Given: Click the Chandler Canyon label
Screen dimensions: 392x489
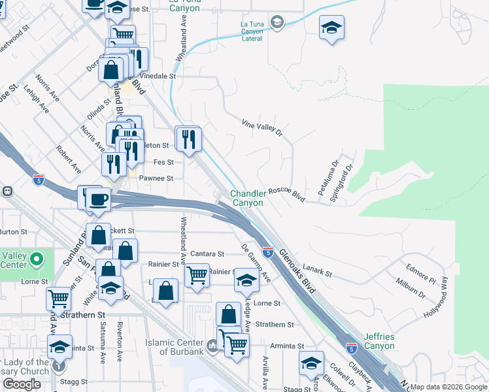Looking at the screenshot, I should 248,198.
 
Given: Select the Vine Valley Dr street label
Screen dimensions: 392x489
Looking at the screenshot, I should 261,127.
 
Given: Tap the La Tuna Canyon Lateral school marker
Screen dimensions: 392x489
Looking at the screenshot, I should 277,22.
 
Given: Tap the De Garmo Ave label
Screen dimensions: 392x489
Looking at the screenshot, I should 256,263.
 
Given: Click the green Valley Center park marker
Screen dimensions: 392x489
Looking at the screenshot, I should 37,260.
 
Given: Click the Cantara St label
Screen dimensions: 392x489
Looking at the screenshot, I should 208,253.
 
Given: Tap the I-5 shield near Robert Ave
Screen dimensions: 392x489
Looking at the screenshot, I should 39,178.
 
